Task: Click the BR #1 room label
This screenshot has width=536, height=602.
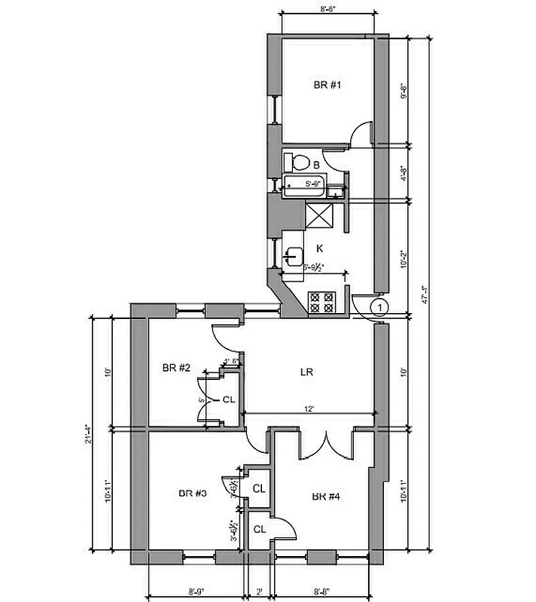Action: click(327, 85)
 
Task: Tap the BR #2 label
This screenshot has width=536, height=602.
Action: click(175, 368)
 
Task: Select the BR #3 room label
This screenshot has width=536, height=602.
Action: click(192, 494)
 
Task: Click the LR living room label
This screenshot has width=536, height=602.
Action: click(306, 372)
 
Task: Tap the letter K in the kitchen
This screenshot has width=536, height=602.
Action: click(319, 248)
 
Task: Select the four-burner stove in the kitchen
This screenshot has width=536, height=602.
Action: click(324, 302)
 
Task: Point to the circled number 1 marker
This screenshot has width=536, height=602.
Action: click(380, 306)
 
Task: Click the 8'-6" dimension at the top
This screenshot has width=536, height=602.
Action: click(327, 10)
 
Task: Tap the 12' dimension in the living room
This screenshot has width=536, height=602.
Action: click(309, 409)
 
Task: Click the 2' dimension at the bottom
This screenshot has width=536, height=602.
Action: click(259, 591)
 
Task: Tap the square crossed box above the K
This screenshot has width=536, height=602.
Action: click(324, 217)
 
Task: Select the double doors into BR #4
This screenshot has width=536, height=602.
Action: click(326, 444)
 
